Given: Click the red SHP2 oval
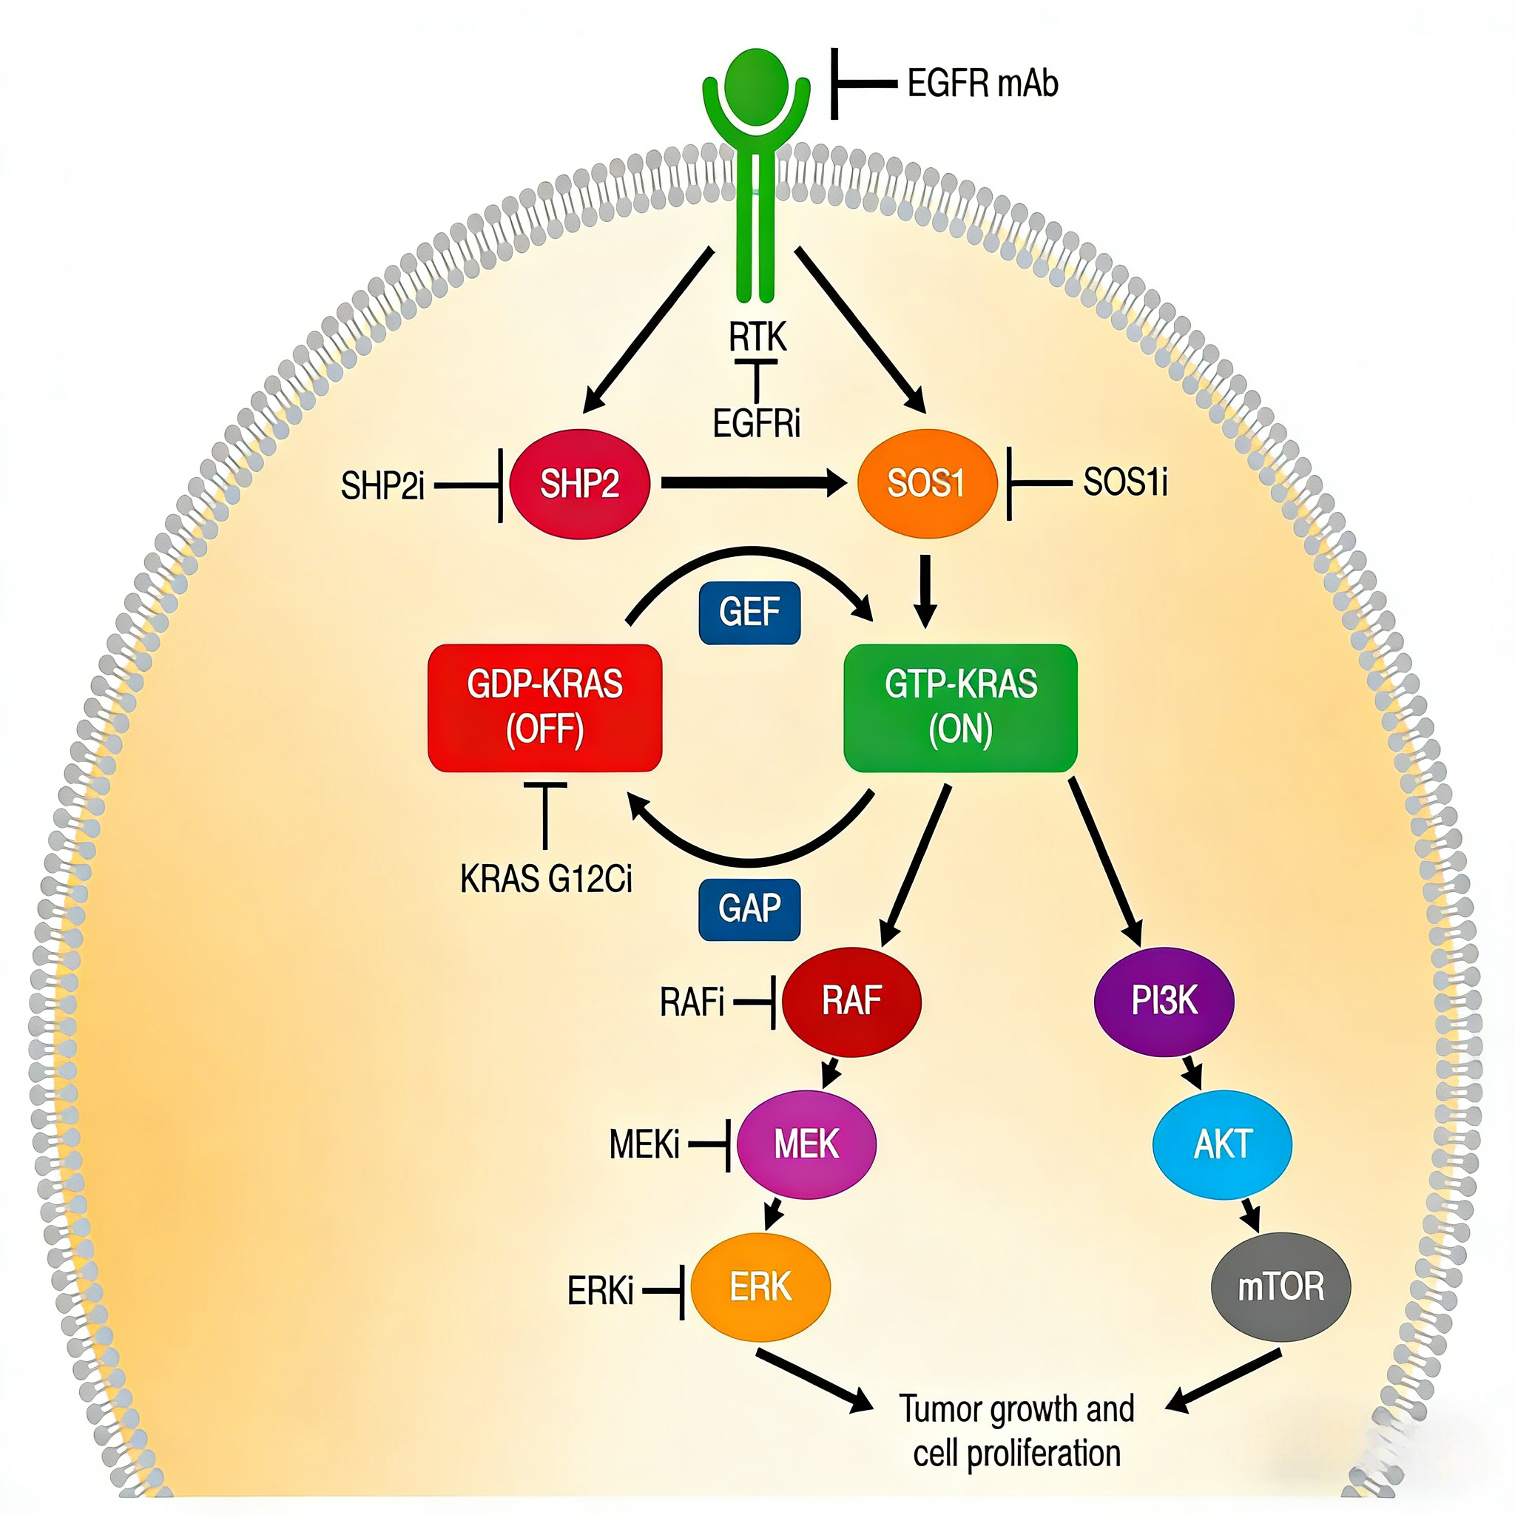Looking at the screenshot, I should tap(579, 484).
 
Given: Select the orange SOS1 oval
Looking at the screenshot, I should tap(927, 483).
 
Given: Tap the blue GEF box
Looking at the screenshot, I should tap(749, 613).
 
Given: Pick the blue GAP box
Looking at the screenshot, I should tap(749, 909).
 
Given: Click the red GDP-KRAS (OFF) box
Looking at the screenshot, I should tap(545, 707).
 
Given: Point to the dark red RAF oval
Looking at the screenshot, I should tap(851, 1002).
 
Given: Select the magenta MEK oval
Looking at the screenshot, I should tap(807, 1144).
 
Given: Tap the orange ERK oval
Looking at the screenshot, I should tap(760, 1287).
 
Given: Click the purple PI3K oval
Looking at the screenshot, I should tap(1164, 1001).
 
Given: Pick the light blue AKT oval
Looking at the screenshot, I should tap(1222, 1144).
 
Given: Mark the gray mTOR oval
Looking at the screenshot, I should tap(1281, 1287).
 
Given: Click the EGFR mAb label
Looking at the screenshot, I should tap(982, 83).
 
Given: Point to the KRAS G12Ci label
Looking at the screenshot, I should tap(546, 879).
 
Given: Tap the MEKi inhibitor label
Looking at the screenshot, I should tap(644, 1145).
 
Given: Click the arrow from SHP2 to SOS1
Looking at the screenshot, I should tap(753, 483).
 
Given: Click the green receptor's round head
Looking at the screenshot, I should tap(756, 84).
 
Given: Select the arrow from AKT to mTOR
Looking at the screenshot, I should tap(1250, 1215).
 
